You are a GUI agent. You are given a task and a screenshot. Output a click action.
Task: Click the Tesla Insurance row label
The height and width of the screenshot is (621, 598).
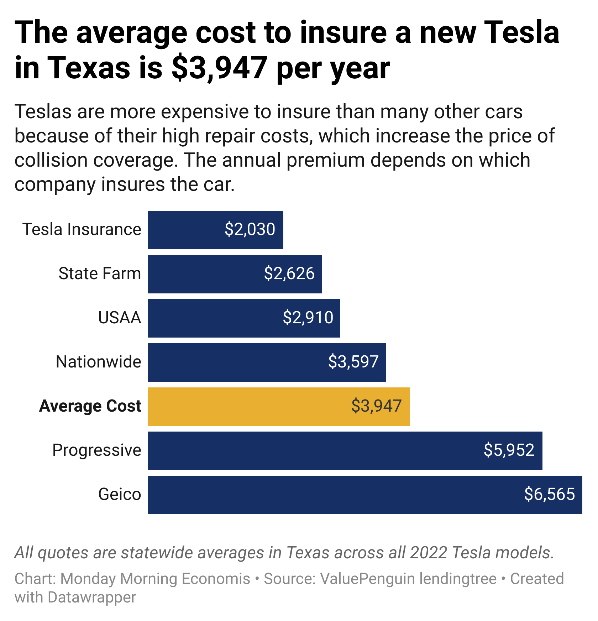(82, 229)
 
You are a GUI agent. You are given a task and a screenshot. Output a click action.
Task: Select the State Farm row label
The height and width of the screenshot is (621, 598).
(100, 273)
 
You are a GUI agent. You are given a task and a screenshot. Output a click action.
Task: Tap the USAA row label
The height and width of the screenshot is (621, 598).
(120, 318)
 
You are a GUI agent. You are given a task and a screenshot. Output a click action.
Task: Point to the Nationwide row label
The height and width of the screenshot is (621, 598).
(99, 362)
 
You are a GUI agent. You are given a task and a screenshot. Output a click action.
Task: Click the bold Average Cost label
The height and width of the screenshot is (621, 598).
(90, 406)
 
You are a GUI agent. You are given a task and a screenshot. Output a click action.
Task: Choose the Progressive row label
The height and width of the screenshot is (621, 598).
(97, 450)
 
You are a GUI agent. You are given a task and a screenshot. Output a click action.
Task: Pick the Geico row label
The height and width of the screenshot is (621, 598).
(120, 494)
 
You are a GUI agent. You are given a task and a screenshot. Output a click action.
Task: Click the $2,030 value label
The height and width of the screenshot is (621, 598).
(250, 229)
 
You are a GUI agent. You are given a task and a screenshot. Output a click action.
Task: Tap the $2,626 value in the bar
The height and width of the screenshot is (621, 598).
(289, 273)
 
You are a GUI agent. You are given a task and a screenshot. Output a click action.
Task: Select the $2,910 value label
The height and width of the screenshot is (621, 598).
(308, 318)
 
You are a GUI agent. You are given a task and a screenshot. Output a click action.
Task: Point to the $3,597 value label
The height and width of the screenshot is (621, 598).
(353, 362)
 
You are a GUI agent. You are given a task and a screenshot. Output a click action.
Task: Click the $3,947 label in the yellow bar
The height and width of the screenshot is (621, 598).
(377, 406)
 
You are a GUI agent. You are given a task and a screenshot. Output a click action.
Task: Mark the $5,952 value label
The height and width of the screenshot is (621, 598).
(509, 450)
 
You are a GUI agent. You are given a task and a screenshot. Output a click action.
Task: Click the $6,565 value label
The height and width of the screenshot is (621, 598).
(550, 494)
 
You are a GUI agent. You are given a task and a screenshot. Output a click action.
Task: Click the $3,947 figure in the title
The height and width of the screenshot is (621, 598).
(219, 68)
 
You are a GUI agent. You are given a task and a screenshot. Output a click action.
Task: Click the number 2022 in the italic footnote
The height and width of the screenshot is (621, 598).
(429, 553)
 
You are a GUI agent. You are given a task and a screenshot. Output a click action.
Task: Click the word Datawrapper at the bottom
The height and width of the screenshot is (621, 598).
(92, 597)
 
